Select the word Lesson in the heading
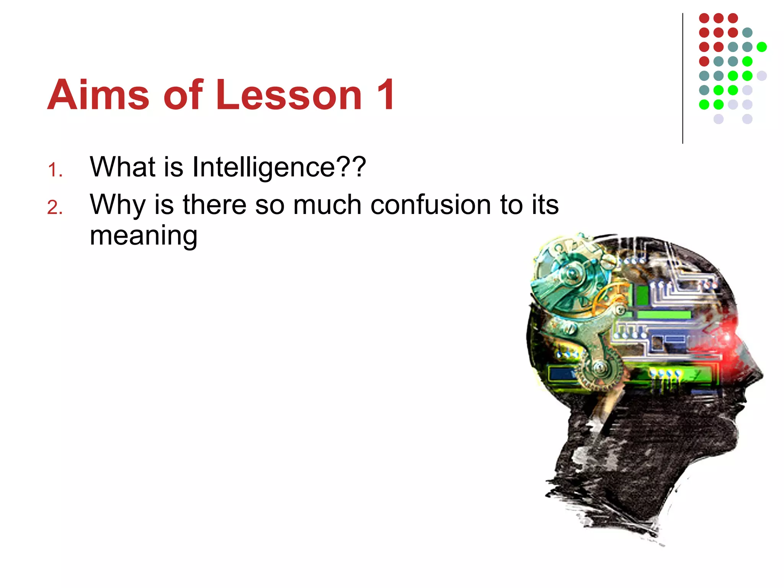pyautogui.click(x=289, y=95)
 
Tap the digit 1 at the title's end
pyautogui.click(x=385, y=95)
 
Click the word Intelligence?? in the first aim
pyautogui.click(x=279, y=167)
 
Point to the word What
pyautogui.click(x=122, y=167)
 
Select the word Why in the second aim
pyautogui.click(x=118, y=205)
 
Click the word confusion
pyautogui.click(x=431, y=205)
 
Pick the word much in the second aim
pyautogui.click(x=327, y=205)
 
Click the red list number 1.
pyautogui.click(x=55, y=170)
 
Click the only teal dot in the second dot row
pyautogui.click(x=747, y=33)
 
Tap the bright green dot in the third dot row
pyautogui.click(x=761, y=47)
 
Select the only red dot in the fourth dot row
pyautogui.click(x=704, y=61)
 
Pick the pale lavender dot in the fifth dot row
pyautogui.click(x=761, y=76)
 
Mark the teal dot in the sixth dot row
pyautogui.click(x=704, y=90)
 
